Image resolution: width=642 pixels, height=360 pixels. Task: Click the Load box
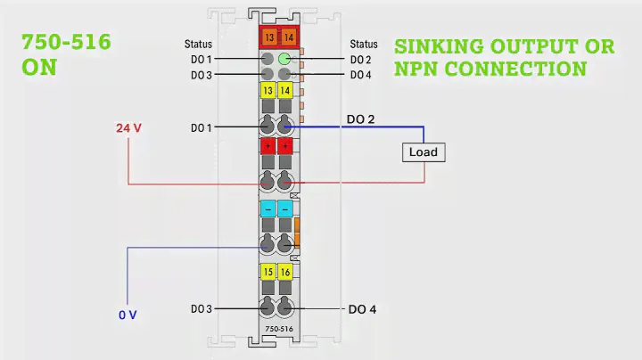coord(423,151)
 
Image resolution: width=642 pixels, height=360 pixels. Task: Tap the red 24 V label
coord(129,128)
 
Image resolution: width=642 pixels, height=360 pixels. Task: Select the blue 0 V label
coord(128,315)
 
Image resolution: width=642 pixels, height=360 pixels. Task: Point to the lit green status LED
coord(284,60)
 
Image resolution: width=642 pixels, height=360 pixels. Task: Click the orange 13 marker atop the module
coord(268,37)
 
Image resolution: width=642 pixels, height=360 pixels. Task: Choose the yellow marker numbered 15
coord(267,271)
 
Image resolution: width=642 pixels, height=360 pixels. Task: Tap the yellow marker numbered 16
coord(285,271)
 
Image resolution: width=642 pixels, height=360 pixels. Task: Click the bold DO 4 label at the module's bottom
coord(361,309)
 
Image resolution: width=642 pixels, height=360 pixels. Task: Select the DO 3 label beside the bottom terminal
coord(201,309)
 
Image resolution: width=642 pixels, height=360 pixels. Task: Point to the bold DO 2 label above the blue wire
coord(361,118)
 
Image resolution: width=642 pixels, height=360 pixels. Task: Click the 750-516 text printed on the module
coord(278,330)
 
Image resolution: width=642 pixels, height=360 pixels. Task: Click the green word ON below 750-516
coord(39,68)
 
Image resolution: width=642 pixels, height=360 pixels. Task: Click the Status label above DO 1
coord(199,44)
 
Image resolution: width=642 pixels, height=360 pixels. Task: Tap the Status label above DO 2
coord(364,44)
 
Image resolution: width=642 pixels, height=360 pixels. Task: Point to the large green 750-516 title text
coord(66,43)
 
